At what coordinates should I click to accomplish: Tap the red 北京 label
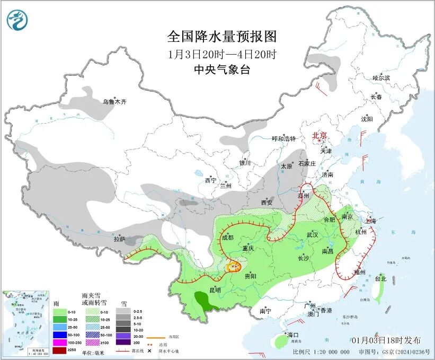pos(320,136)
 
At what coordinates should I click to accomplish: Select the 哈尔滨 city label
pos(380,78)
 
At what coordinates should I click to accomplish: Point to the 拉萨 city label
pos(119,239)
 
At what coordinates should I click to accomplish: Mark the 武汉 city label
pos(312,234)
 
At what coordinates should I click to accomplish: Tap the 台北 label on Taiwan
pos(380,278)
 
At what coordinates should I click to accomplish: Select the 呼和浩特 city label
pos(283,138)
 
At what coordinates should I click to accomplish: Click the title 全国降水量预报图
pos(222,37)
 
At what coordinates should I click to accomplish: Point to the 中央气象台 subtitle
pos(221,70)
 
